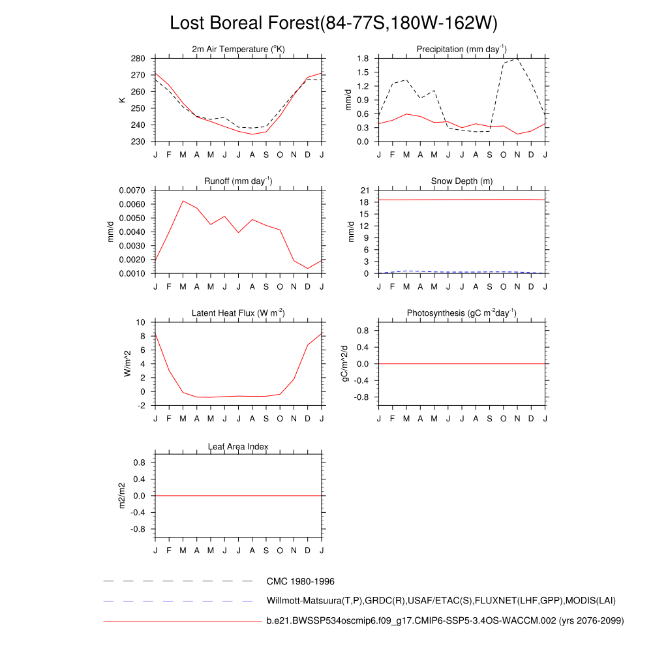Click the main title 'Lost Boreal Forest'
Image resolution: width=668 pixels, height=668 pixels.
tap(333, 23)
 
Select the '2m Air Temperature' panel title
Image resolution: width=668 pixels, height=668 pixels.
tap(238, 49)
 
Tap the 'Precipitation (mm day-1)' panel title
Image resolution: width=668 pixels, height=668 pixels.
tap(462, 49)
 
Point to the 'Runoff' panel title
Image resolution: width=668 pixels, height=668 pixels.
tap(238, 181)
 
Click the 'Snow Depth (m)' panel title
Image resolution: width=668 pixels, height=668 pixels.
tap(462, 181)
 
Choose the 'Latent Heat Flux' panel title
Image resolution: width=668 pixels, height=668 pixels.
tap(238, 313)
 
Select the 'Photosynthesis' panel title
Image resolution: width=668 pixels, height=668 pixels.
tap(462, 313)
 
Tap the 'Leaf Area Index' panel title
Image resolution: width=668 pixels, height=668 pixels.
tap(238, 446)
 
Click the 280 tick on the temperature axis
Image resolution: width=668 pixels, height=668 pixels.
tap(138, 59)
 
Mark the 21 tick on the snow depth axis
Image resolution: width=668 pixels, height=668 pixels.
tap(365, 190)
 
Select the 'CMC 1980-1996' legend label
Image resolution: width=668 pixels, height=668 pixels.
tap(300, 581)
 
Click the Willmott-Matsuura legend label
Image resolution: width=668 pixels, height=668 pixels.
tap(441, 600)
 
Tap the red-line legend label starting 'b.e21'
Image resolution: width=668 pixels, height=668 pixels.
tap(445, 621)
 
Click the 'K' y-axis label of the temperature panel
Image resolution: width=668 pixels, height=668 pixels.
tap(121, 100)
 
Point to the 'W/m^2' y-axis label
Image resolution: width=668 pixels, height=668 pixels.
tap(128, 363)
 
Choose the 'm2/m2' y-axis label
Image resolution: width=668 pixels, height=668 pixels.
tap(121, 496)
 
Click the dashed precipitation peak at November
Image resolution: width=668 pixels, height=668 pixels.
tap(517, 59)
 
